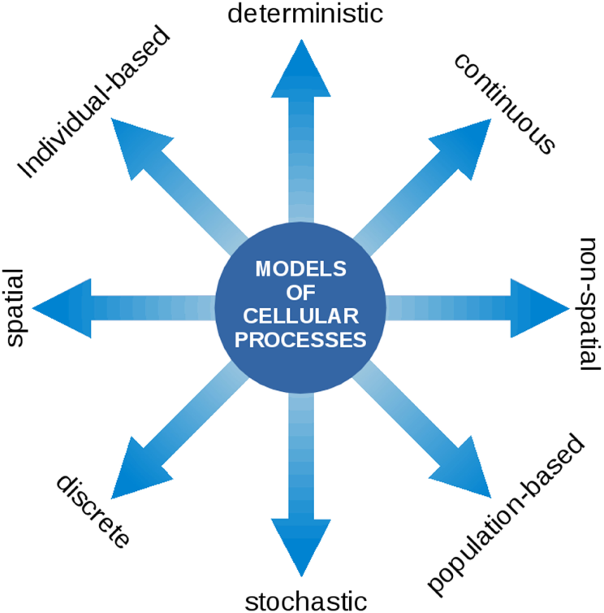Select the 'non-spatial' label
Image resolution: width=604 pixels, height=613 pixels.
pos(590,306)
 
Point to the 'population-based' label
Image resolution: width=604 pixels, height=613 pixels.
pos(506,515)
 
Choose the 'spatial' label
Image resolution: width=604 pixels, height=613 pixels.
pos(15,307)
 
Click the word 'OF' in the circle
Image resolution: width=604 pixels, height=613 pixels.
pos(301,292)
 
